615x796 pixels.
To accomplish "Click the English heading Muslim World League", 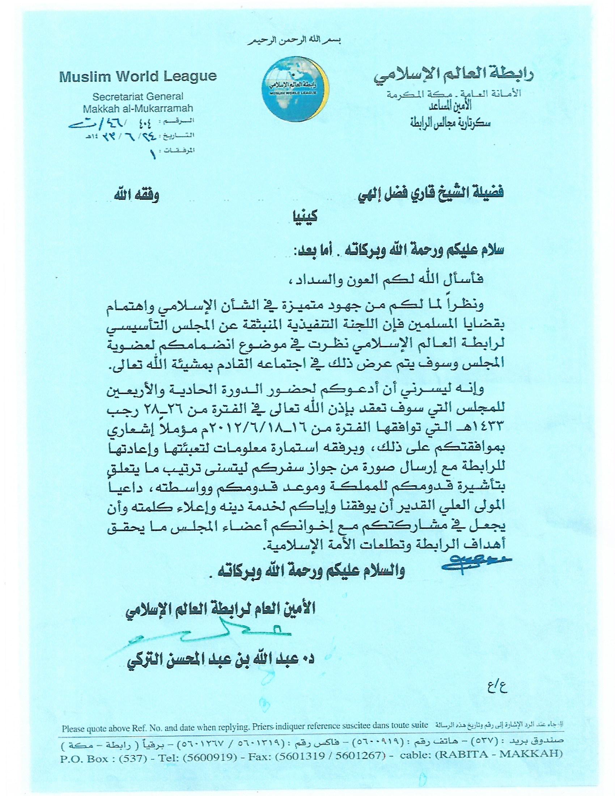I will (x=138, y=77).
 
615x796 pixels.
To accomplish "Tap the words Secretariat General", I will (x=138, y=97).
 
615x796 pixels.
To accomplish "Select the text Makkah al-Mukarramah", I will (x=138, y=109).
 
